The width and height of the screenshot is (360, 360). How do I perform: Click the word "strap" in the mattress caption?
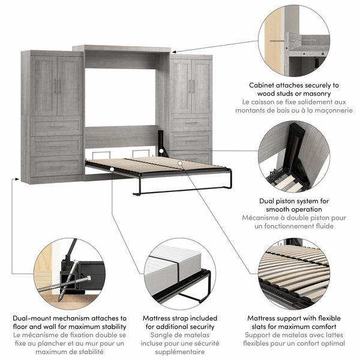(181, 318)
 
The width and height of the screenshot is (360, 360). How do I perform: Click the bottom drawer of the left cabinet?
(56, 166)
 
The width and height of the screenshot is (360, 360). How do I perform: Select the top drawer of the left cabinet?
(56, 126)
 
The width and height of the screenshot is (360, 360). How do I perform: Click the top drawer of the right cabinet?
(191, 123)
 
